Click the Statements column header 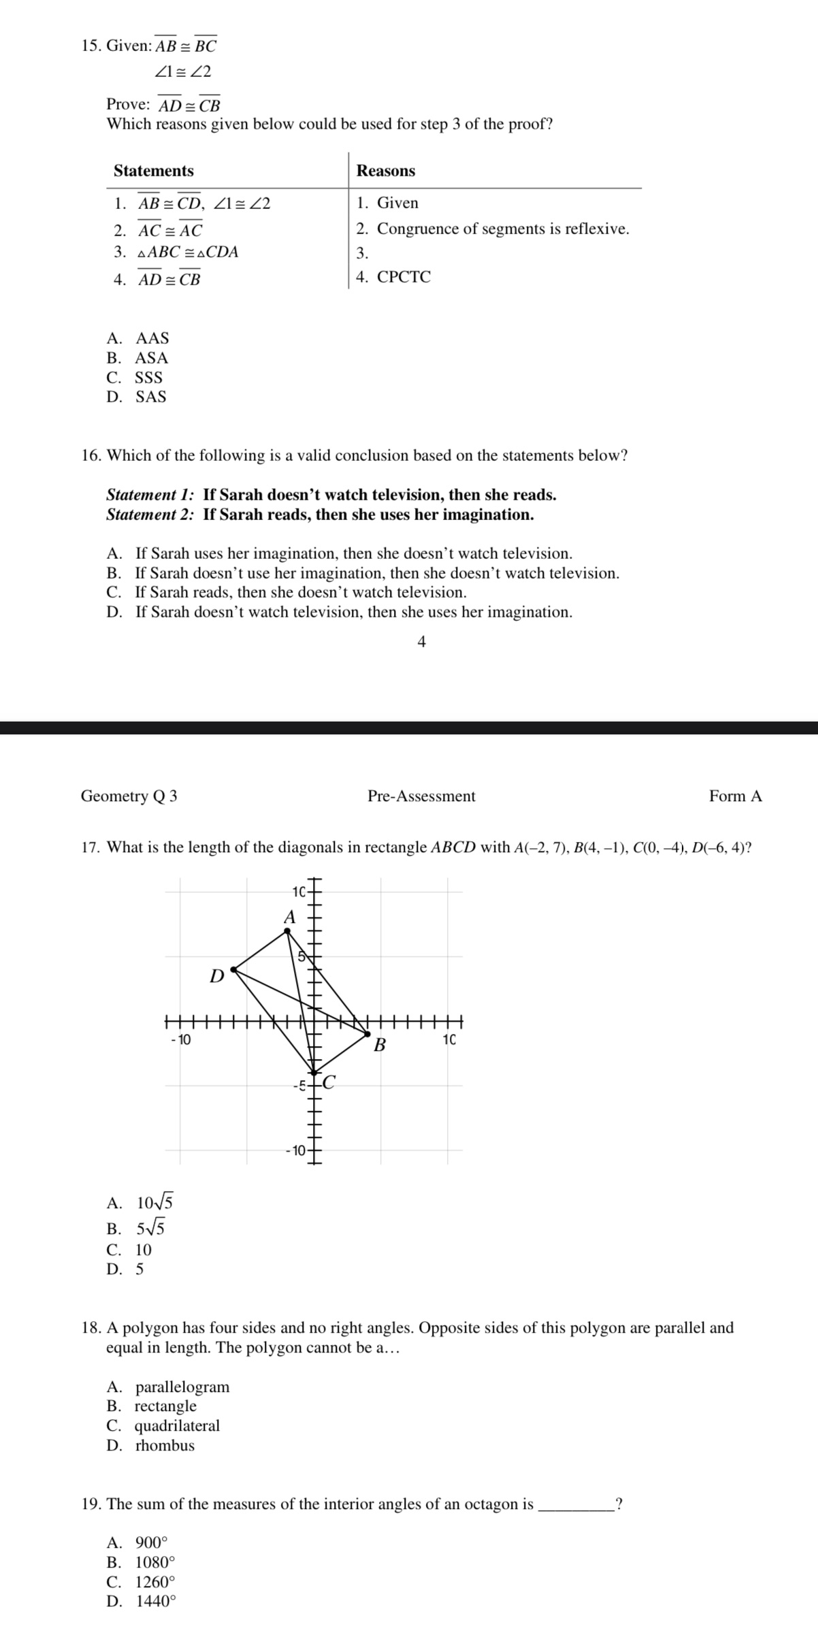point(153,171)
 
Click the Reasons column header point(385,171)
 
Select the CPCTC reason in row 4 point(404,277)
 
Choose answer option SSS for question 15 point(148,378)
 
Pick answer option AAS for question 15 point(152,338)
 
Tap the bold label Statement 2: point(150,515)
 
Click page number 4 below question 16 point(421,642)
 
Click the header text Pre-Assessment point(421,796)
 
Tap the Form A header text point(735,796)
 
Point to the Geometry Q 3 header point(129,796)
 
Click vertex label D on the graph point(216,976)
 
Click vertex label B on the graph point(380,1044)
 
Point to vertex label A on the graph point(290,917)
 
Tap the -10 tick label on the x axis point(181,1039)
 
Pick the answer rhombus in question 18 point(165,1445)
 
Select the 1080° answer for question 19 point(155,1562)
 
